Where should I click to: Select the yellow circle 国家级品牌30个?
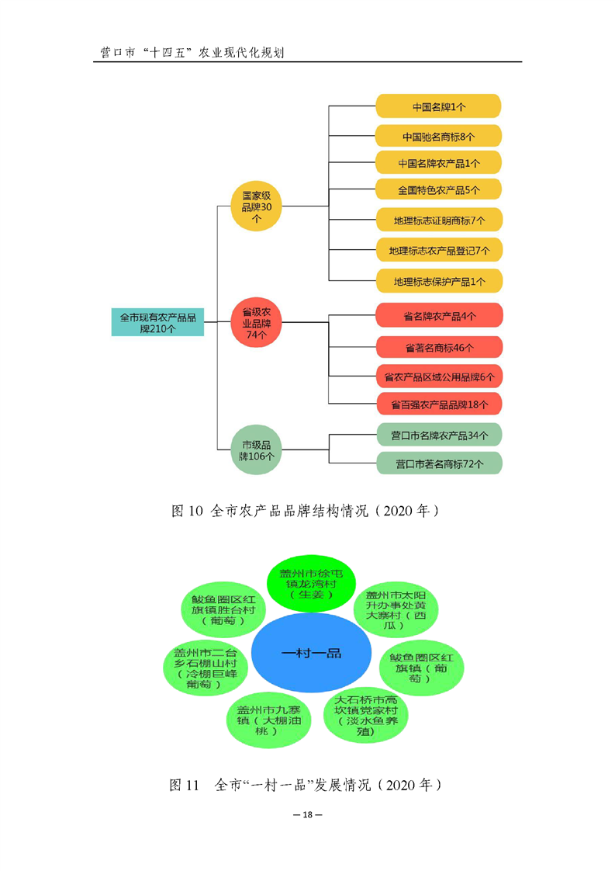(x=256, y=206)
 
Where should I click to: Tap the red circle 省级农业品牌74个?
(x=256, y=322)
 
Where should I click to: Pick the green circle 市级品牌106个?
(x=256, y=450)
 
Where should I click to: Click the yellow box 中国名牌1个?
(x=439, y=106)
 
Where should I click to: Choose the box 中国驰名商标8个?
(x=439, y=137)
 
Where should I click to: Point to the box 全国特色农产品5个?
(x=439, y=189)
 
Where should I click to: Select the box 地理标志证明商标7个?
(x=439, y=220)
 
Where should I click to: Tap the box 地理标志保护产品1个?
(x=439, y=281)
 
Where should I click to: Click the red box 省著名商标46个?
(x=439, y=347)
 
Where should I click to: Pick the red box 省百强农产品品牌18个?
(x=439, y=404)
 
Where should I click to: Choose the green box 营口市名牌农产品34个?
(x=439, y=435)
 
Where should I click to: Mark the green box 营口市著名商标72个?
(x=439, y=464)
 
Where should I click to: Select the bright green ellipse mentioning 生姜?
(x=310, y=583)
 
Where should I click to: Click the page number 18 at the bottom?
(x=307, y=815)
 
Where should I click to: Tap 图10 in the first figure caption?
(x=186, y=511)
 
